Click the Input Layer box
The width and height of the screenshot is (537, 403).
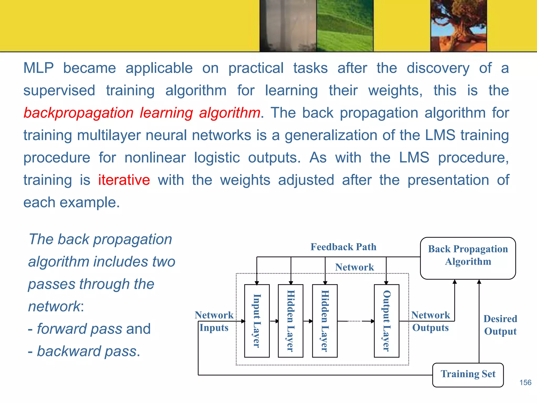pos(257,321)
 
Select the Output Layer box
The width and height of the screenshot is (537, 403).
pos(386,321)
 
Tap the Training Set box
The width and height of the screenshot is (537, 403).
pos(468,375)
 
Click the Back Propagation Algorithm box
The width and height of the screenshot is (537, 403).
pos(468,258)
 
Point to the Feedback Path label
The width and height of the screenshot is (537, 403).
pos(343,247)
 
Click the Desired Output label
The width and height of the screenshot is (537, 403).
pos(500,325)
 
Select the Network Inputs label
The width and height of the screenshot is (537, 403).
pos(214,321)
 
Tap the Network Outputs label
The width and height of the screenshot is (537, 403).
pos(430,321)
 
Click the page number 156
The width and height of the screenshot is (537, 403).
pos(525,383)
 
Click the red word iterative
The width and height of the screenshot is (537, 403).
pos(124,180)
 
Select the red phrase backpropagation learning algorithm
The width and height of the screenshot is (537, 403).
pos(142,113)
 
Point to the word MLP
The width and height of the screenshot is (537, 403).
pos(39,68)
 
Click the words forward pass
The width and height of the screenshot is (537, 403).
pos(79,329)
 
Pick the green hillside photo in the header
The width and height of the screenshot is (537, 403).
pos(345,25)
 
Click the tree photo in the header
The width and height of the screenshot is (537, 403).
pos(458,25)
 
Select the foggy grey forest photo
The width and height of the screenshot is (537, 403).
pos(288,25)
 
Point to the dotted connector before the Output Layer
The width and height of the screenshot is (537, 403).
pos(355,321)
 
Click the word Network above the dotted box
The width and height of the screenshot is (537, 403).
pos(354,267)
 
